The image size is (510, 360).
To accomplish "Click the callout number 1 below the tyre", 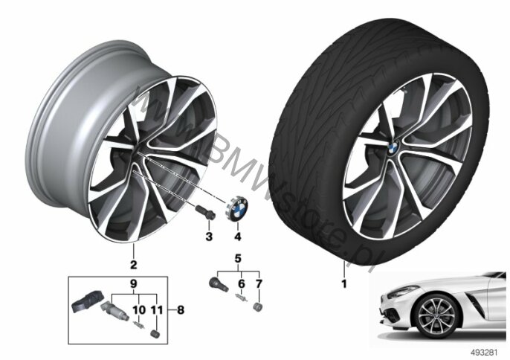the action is tap(343, 284).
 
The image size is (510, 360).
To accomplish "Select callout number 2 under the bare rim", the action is tap(133, 265).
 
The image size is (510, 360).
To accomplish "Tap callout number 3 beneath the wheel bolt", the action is tap(209, 237).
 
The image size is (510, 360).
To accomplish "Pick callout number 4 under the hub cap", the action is tap(238, 237).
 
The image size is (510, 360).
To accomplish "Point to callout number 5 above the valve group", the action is tap(238, 259).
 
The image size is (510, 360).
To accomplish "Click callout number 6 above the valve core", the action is tap(242, 284).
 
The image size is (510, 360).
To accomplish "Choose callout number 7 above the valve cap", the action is tap(259, 284).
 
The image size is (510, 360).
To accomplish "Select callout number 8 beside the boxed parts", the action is tap(181, 310).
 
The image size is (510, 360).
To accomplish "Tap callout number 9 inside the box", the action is tap(134, 283).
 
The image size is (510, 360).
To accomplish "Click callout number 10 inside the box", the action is tap(139, 310).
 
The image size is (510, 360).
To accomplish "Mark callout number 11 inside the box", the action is tap(157, 310).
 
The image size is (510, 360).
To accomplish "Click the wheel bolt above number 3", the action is tap(205, 213).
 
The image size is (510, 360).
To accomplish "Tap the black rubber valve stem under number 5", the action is tap(219, 284).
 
